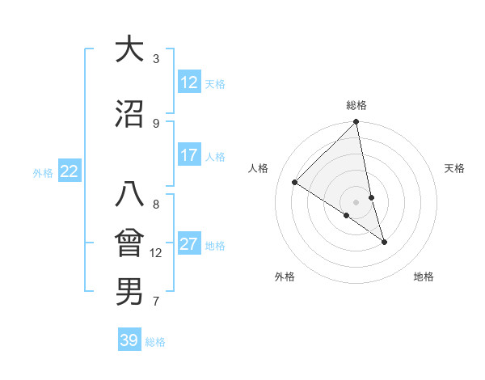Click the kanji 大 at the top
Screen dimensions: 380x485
pos(129,49)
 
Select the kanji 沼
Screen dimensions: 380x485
pos(129,114)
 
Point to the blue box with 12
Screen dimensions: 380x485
pos(189,82)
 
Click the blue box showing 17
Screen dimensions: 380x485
pos(189,155)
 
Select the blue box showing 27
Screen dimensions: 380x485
pos(189,244)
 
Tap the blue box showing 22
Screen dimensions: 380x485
pos(70,171)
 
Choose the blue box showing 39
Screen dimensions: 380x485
pos(129,340)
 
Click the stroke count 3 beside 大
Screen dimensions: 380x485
pos(156,59)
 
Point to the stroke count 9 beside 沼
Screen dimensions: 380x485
pos(156,123)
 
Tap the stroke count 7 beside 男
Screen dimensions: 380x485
pos(156,302)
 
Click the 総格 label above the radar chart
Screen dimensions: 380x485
pos(356,105)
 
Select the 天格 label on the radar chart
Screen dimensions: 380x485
pos(454,168)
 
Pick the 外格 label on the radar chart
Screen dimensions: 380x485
pos(285,277)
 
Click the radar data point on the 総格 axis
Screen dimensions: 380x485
pos(356,122)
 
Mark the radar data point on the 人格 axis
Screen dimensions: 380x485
pos(295,183)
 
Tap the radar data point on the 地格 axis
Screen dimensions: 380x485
pos(384,242)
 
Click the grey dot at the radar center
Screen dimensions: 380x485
pos(356,202)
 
